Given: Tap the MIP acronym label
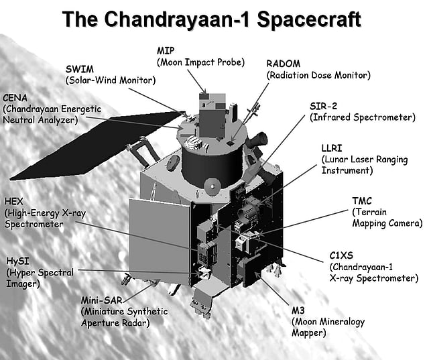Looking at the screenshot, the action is [x=166, y=50].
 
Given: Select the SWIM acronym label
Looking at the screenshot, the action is [x=79, y=69].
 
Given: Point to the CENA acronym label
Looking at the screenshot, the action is [x=15, y=98].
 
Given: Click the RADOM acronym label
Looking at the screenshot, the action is [x=283, y=64].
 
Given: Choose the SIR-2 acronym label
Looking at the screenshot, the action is [x=323, y=106].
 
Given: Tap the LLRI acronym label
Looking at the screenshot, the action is [x=332, y=148].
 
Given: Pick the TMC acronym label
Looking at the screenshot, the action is [x=362, y=201].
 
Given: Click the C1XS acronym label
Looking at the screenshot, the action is [x=341, y=255].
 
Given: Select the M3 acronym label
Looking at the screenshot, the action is [x=298, y=310].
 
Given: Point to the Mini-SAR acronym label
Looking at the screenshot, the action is [x=101, y=300].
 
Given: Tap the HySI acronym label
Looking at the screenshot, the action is [x=17, y=261].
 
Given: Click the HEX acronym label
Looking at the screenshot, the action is [x=13, y=201].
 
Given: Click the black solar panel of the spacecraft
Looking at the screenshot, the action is [x=96, y=145].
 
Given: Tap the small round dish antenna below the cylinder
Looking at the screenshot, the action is [x=212, y=186].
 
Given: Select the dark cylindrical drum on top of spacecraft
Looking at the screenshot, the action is [x=212, y=165].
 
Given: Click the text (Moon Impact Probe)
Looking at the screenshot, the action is [x=200, y=62].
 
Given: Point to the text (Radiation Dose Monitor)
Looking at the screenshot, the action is [x=318, y=75].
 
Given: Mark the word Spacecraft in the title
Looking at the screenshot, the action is [x=309, y=19].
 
